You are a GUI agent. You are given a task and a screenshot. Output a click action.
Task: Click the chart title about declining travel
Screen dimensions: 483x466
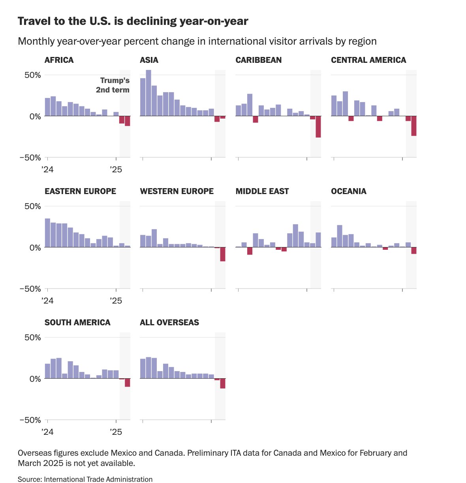133,21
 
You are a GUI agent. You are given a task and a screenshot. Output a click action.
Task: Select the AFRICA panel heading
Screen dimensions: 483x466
59,60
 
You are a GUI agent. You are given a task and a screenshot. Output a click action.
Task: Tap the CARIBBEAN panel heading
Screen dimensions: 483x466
258,60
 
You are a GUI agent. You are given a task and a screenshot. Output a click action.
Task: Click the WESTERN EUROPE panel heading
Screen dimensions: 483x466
177,191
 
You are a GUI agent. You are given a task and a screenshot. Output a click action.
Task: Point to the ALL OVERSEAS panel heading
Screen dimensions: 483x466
169,323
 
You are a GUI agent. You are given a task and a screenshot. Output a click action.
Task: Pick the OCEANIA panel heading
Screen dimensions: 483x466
348,191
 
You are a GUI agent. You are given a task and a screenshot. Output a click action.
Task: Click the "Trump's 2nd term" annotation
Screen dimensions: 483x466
113,85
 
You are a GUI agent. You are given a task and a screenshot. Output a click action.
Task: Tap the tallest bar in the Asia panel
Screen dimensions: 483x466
148,93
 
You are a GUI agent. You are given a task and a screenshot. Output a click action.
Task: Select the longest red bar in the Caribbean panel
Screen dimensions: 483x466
318,126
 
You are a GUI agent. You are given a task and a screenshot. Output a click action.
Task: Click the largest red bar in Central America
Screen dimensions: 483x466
413,126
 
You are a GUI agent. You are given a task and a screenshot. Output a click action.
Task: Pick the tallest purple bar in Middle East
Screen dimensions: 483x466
295,236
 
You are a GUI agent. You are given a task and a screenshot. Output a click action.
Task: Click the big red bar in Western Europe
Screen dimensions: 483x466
223,254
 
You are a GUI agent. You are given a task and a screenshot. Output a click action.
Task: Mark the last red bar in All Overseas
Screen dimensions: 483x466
223,383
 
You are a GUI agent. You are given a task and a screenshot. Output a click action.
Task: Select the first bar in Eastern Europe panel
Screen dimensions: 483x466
47,233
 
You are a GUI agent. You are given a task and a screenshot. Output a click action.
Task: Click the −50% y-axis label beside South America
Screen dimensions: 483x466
30,420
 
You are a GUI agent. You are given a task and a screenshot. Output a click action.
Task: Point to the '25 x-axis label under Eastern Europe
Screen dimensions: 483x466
116,300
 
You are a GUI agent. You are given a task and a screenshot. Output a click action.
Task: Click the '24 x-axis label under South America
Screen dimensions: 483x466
47,432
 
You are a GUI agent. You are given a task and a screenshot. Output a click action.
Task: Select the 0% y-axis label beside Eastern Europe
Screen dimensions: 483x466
34,247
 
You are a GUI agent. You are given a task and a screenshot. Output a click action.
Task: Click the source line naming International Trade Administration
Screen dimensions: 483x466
85,479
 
